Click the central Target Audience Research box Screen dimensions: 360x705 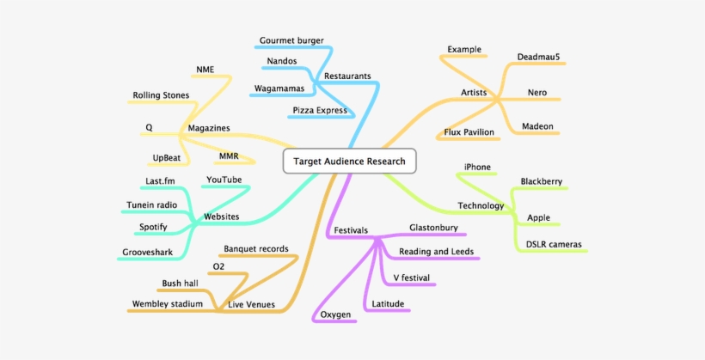click(x=349, y=161)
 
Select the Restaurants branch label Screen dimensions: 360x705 click(x=347, y=76)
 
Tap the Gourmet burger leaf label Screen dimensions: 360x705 click(x=291, y=40)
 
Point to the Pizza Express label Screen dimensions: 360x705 click(x=320, y=110)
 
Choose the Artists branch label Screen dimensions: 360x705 click(x=475, y=92)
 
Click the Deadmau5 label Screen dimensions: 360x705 click(x=537, y=57)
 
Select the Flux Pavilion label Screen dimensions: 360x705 click(x=469, y=132)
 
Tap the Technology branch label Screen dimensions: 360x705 click(x=481, y=205)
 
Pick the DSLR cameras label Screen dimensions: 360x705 click(x=553, y=245)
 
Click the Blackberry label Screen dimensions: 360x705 click(x=542, y=181)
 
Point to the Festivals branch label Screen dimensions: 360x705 click(x=351, y=230)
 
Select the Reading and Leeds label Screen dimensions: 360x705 click(x=437, y=252)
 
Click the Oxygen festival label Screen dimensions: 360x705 click(x=335, y=314)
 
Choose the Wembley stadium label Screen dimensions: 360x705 click(x=168, y=303)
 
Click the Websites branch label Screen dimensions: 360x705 click(x=221, y=217)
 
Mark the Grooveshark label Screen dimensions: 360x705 click(x=148, y=253)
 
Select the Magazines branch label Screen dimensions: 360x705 click(x=209, y=128)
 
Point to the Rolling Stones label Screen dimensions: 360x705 click(x=161, y=95)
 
